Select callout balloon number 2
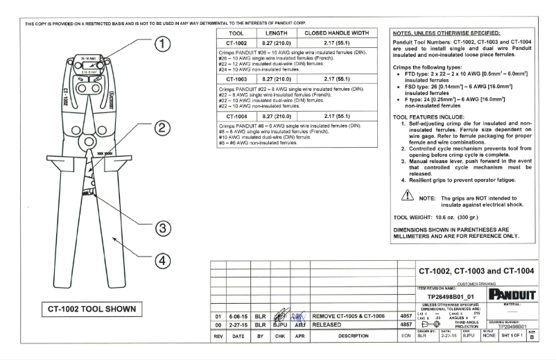[x=161, y=128]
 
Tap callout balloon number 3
[x=161, y=228]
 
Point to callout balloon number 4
[x=161, y=261]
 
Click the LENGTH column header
[x=277, y=33]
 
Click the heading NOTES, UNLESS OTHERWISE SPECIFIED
[x=446, y=32]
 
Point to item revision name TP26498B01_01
[x=451, y=295]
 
